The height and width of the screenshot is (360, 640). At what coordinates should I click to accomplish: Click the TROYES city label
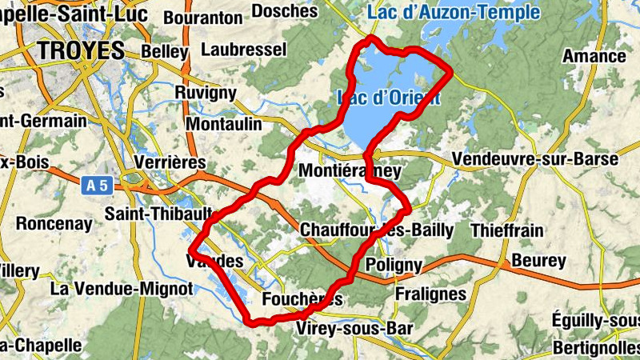click(81, 50)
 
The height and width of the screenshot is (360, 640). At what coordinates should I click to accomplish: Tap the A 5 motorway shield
click(95, 186)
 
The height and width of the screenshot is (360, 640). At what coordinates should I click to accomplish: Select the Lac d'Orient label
click(389, 98)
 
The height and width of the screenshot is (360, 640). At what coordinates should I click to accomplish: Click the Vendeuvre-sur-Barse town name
click(534, 159)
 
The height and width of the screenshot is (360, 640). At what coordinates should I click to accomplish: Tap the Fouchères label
click(302, 299)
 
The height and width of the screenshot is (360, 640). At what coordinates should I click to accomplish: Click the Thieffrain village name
click(507, 231)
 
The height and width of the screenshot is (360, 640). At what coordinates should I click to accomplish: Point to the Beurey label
click(538, 260)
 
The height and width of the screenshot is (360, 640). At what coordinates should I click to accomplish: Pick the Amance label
click(594, 56)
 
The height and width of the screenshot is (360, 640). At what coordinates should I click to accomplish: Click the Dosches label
click(284, 11)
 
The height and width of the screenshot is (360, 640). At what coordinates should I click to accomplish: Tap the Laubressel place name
click(244, 50)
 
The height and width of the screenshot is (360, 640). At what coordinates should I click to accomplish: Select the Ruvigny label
click(206, 93)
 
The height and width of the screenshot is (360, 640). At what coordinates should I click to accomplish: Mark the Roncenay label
click(54, 224)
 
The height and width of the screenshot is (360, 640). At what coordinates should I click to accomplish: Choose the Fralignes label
click(430, 294)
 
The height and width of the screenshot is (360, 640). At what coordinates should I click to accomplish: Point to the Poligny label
click(393, 265)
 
